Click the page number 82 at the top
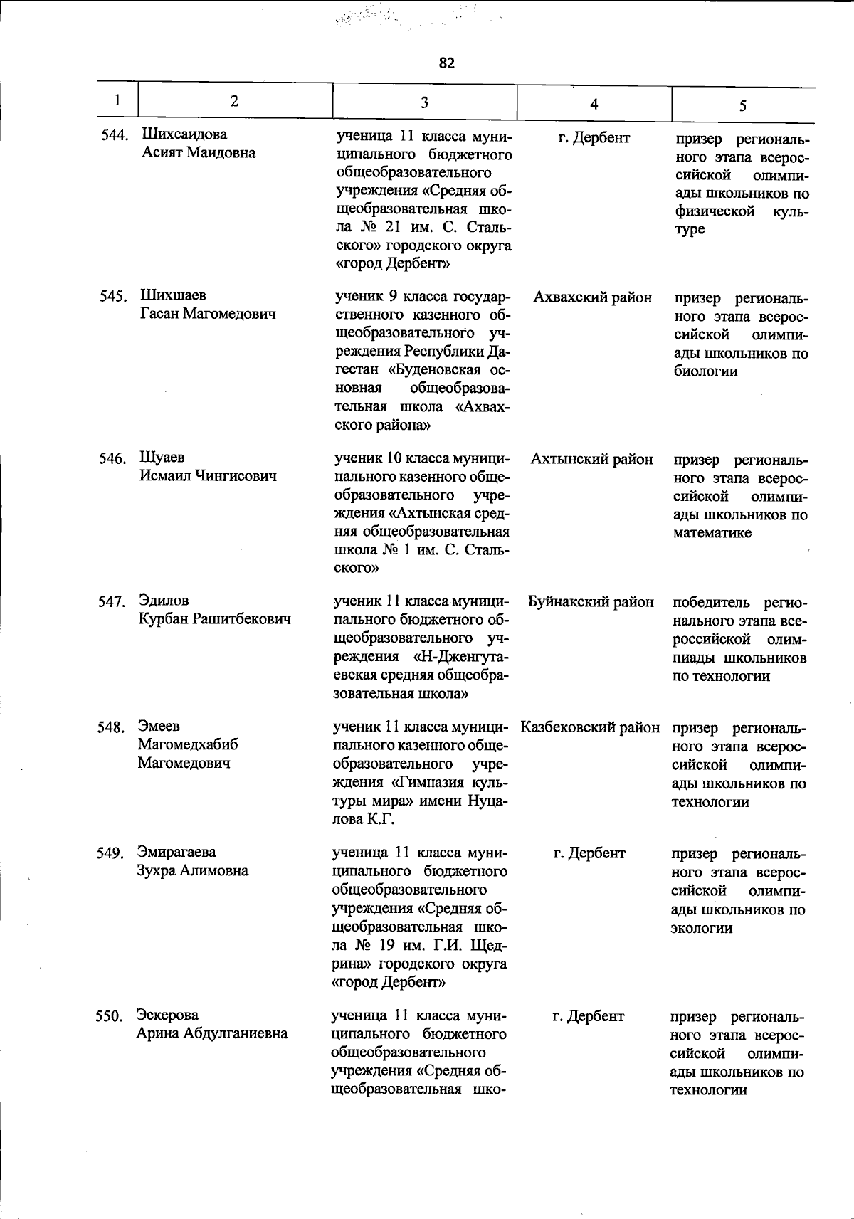click(446, 63)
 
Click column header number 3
click(424, 102)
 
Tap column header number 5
click(742, 106)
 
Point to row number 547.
click(112, 602)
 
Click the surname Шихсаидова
click(184, 134)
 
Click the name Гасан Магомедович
click(208, 314)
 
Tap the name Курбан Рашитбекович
click(214, 619)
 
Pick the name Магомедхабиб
click(188, 744)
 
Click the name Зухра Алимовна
click(193, 870)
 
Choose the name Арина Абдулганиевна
click(212, 1033)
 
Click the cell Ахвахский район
click(592, 297)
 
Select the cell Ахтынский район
click(591, 459)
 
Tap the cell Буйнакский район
click(591, 602)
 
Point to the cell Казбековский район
click(590, 727)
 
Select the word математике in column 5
click(712, 533)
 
